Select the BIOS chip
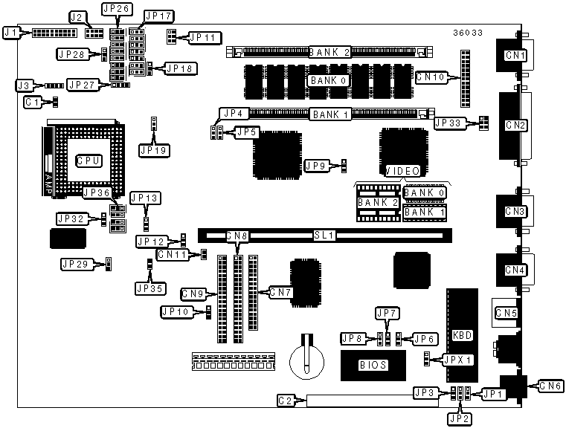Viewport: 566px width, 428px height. coord(373,365)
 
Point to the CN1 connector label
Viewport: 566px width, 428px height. coord(515,56)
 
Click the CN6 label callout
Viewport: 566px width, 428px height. coord(551,386)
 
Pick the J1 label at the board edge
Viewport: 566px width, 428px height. coord(11,33)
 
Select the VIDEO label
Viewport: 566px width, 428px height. coord(402,171)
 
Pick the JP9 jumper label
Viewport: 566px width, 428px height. coord(315,166)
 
